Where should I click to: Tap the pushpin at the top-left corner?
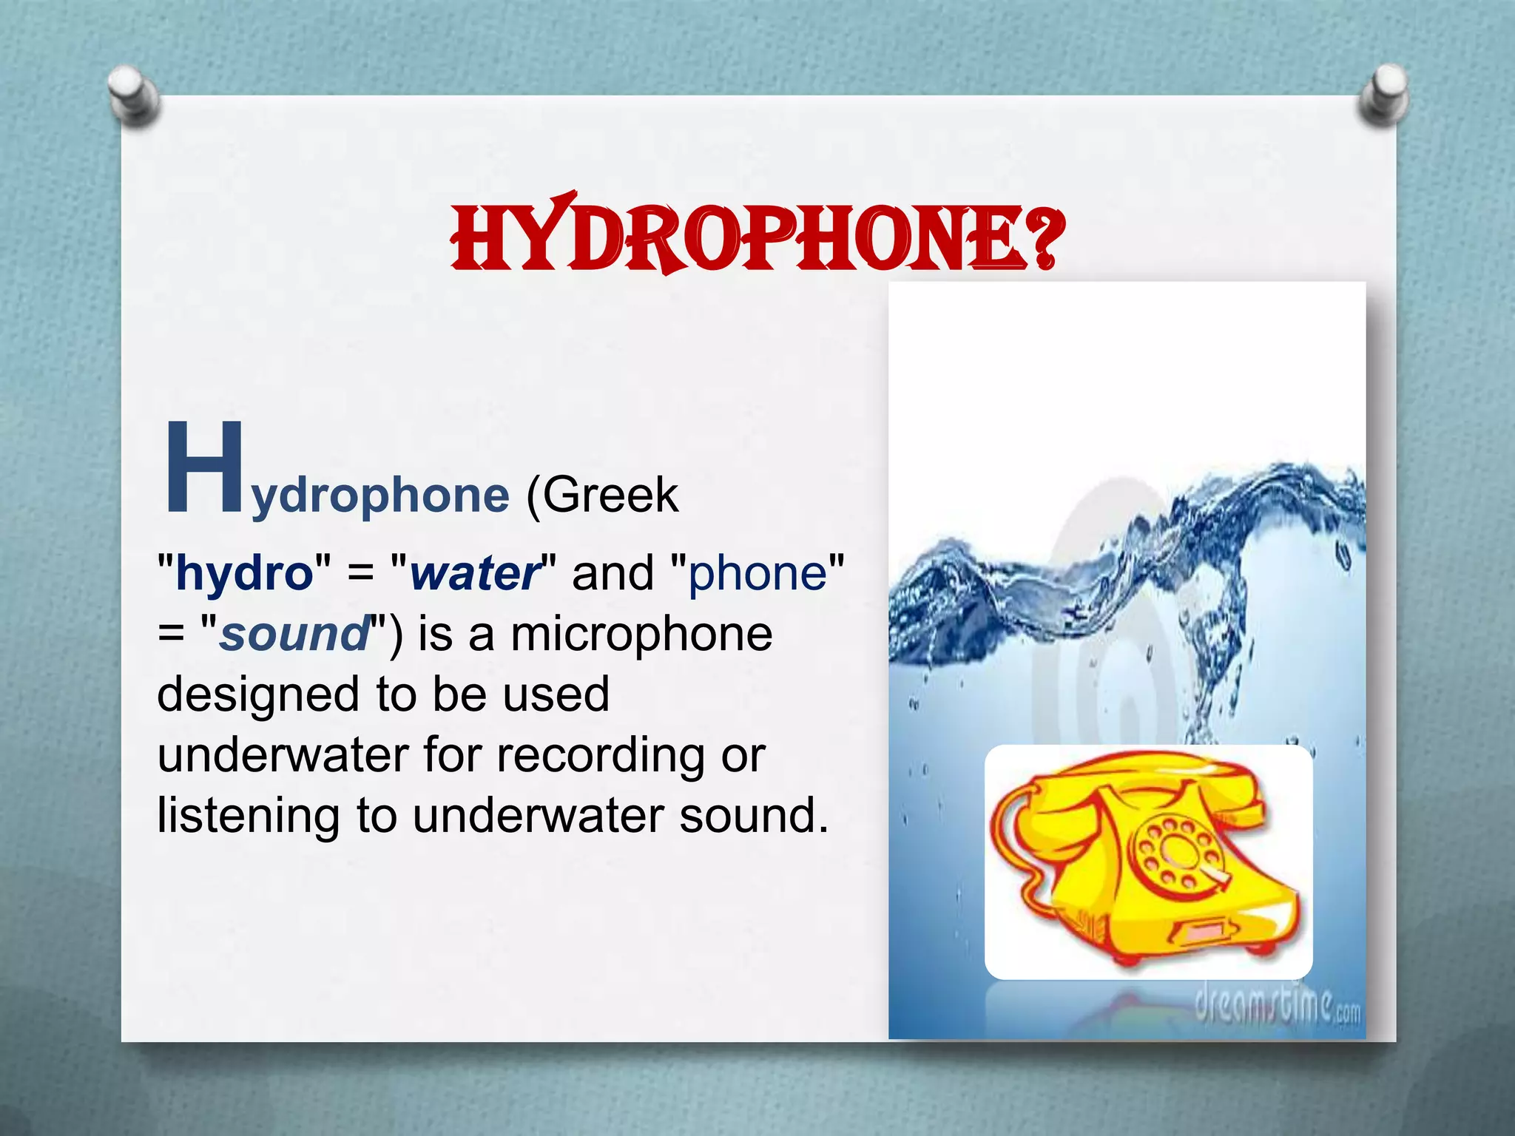(x=133, y=95)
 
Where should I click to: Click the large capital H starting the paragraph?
(x=203, y=467)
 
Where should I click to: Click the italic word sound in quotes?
(x=294, y=634)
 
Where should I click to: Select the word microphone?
(x=642, y=634)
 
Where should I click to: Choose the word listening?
(x=249, y=816)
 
